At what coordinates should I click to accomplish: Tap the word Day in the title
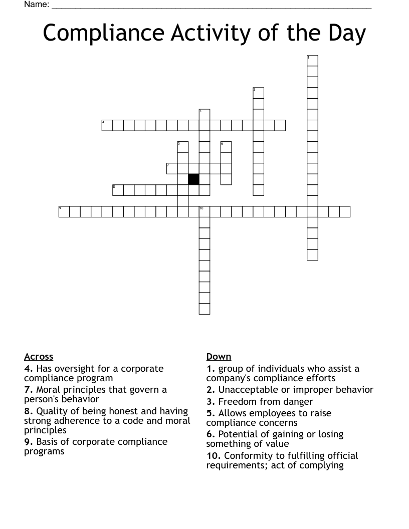[344, 33]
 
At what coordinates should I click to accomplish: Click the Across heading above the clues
[39, 357]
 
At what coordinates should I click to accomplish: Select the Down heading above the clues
[219, 357]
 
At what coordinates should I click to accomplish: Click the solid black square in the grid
[193, 179]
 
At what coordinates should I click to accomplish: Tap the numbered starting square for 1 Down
[312, 61]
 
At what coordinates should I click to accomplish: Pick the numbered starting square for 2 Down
[258, 93]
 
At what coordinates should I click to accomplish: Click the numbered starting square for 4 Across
[107, 125]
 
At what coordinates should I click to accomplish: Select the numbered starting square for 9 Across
[64, 211]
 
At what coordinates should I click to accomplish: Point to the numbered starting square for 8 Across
[118, 190]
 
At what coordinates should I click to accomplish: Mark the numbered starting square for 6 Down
[226, 147]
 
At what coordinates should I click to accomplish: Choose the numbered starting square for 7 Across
[172, 168]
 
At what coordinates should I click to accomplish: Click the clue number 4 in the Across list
[29, 369]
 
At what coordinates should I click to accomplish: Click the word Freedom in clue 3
[237, 401]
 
